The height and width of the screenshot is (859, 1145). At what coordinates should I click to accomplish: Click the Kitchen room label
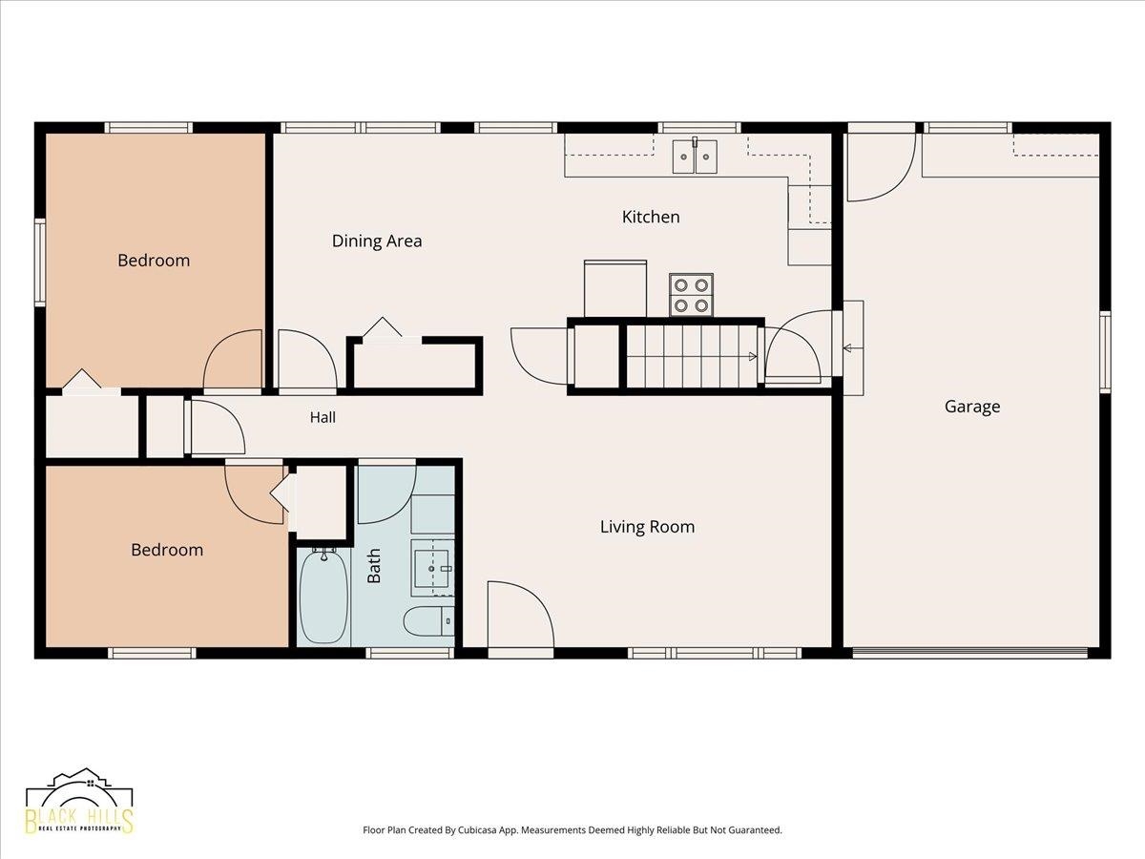[x=651, y=217]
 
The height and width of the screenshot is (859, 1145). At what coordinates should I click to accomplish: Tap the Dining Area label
[x=377, y=241]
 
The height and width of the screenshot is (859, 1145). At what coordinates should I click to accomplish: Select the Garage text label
[x=972, y=407]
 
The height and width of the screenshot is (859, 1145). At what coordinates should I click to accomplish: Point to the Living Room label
[x=647, y=527]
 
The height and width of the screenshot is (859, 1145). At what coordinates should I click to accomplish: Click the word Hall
[x=323, y=417]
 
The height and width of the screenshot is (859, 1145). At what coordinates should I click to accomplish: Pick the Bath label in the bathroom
[x=373, y=566]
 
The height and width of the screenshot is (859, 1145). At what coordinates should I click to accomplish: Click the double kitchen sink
[x=695, y=156]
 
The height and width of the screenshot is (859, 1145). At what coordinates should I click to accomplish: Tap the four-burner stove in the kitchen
[x=691, y=295]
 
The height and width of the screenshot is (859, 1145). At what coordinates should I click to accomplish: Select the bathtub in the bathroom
[x=323, y=597]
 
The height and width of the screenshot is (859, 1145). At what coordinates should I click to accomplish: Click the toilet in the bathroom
[x=428, y=621]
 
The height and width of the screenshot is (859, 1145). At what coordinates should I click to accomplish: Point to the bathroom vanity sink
[x=432, y=568]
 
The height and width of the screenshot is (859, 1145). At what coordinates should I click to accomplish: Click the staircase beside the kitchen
[x=692, y=356]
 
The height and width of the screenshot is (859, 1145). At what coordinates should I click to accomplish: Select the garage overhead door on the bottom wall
[x=969, y=653]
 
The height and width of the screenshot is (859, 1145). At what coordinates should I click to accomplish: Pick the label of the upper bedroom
[x=154, y=261]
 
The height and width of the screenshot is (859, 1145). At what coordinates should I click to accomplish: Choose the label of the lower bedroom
[x=167, y=550]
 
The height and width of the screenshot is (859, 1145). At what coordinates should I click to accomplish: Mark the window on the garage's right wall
[x=1105, y=351]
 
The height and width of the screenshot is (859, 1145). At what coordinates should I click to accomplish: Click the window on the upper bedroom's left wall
[x=40, y=262]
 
